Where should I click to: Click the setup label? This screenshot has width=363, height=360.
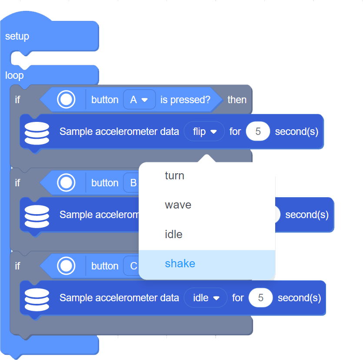[17, 37]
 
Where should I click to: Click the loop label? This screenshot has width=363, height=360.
[14, 76]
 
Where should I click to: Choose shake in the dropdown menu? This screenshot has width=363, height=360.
[180, 264]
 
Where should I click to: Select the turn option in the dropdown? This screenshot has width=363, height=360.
[175, 176]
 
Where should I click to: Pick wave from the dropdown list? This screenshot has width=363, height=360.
[178, 205]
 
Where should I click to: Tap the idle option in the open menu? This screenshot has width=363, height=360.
[173, 235]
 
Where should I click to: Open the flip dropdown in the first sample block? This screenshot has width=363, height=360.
[204, 131]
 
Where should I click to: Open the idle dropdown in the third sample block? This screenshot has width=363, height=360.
[206, 298]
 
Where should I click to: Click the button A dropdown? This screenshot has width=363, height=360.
[139, 100]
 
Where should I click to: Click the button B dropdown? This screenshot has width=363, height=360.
[133, 183]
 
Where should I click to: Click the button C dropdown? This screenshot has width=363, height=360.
[133, 266]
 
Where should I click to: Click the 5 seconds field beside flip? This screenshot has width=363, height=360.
[258, 131]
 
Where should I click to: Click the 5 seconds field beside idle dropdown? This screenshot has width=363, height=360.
[260, 298]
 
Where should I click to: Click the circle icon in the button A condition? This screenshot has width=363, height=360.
[66, 100]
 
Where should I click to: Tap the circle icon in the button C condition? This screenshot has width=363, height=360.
[66, 266]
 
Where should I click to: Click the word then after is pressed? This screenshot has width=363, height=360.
[237, 100]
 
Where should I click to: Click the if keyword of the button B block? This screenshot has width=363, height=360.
[17, 183]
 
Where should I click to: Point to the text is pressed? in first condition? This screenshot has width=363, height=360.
[185, 100]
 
